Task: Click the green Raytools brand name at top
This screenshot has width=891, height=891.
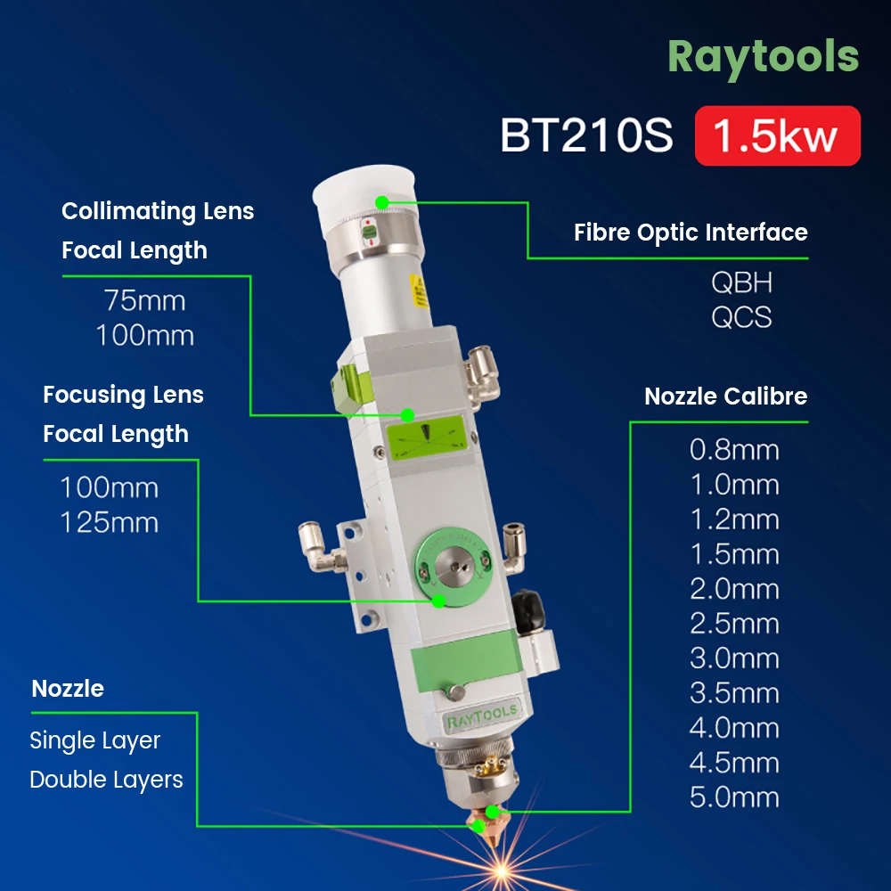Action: pos(763,56)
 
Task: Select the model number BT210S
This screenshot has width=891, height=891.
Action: pos(586,136)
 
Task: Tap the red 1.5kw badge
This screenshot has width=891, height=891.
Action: pos(777,136)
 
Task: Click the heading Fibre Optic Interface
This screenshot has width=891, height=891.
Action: pos(691,233)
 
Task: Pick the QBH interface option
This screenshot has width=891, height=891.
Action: pos(741,283)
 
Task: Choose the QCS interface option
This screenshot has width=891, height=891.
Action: pos(741,317)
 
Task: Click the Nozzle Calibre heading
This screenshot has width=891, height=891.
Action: pos(725,396)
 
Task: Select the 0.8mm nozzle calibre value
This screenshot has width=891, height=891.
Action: pos(734,450)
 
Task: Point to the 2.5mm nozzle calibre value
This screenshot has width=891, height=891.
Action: pos(734,624)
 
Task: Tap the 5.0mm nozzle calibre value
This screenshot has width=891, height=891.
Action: pos(734,797)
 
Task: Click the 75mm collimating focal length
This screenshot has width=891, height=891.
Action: pos(144,300)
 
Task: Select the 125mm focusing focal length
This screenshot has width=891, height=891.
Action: pos(109,522)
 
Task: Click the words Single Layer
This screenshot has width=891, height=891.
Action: pos(94,740)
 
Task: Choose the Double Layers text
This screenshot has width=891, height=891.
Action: pos(106,780)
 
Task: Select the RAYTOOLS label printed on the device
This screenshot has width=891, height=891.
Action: pos(480,714)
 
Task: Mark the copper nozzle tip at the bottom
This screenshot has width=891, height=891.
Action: pos(490,812)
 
